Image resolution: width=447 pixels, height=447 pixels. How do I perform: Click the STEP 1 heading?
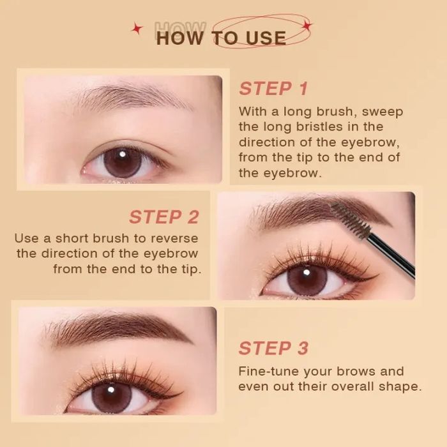click(274, 88)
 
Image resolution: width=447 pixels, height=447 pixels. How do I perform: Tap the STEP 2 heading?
click(164, 217)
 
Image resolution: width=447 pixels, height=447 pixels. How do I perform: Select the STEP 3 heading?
click(274, 348)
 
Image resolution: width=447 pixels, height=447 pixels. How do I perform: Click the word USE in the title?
click(266, 38)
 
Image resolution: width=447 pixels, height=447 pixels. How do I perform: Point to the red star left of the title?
click(137, 29)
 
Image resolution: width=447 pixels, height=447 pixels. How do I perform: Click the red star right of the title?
click(307, 26)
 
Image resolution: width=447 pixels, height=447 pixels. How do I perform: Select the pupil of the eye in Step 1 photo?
click(123, 162)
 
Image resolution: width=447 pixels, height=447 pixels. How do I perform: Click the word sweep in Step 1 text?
click(383, 112)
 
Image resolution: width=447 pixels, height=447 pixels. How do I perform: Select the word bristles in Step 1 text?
click(319, 126)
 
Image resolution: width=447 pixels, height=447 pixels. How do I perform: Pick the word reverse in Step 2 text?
click(174, 238)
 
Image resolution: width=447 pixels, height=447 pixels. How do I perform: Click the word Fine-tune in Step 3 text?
click(269, 371)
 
